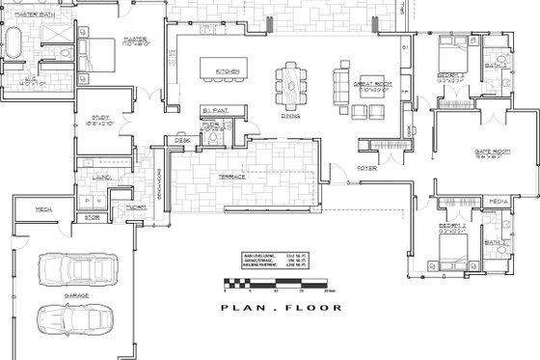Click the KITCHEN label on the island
pyautogui.click(x=227, y=71)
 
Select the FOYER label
pyautogui.click(x=369, y=165)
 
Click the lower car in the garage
pyautogui.click(x=67, y=315)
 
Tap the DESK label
pyautogui.click(x=180, y=140)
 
